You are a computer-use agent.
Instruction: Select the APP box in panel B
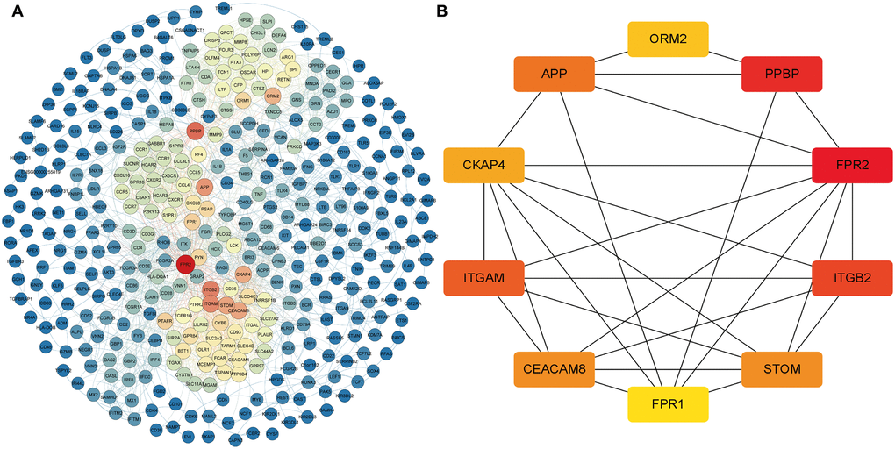[x=554, y=75]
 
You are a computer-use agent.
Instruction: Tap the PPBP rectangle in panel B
[x=781, y=75]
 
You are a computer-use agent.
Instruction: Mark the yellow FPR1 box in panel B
[x=668, y=406]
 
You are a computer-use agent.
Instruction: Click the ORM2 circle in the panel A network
[x=272, y=96]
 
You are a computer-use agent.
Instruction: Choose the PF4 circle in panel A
[x=198, y=155]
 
